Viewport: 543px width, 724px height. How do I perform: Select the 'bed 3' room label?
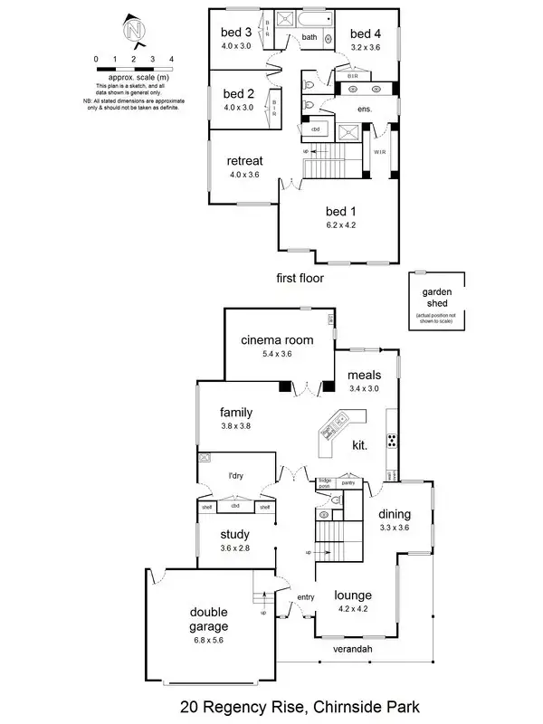236,33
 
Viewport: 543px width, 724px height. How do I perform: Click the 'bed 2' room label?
238,93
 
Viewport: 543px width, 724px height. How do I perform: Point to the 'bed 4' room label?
367,33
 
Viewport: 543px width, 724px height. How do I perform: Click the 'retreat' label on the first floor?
243,162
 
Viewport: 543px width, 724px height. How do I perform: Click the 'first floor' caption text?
300,279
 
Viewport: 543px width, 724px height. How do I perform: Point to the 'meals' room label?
365,376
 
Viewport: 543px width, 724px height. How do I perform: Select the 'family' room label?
235,413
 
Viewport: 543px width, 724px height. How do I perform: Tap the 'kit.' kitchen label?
360,446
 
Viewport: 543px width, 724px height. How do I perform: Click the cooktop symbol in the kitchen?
392,442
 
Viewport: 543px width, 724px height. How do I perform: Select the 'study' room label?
234,534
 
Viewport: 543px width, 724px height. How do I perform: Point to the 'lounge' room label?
354,595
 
